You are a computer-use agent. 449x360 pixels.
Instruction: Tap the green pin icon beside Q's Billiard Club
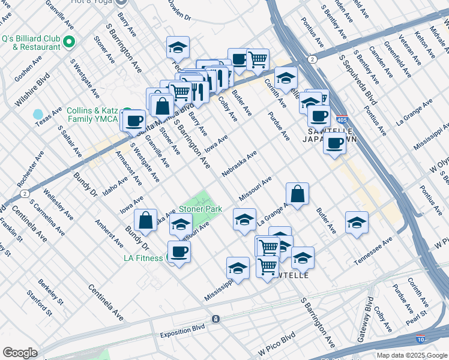click(68, 42)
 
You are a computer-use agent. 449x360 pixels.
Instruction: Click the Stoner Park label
click(200, 209)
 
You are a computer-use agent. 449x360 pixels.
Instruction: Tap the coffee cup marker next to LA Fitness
click(178, 251)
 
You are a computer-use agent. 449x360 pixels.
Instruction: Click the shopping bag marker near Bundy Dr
click(146, 220)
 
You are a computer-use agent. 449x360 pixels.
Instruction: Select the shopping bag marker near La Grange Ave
click(297, 193)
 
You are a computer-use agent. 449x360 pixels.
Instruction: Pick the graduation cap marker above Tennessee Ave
click(357, 222)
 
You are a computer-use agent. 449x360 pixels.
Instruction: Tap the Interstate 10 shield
click(420, 338)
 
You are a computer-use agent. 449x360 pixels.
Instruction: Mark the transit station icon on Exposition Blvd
click(215, 319)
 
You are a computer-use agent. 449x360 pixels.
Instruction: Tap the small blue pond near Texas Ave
click(38, 113)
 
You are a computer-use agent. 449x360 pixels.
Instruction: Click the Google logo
click(20, 353)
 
